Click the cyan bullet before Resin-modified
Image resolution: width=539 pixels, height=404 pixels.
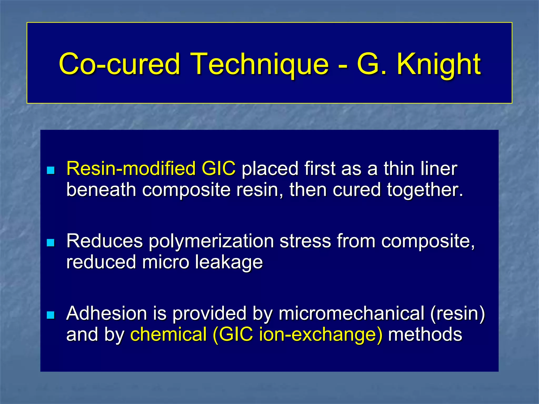51,170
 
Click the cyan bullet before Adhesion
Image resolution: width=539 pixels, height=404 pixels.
51,315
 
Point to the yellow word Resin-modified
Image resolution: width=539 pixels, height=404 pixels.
131,168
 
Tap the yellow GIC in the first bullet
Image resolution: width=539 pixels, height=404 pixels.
218,168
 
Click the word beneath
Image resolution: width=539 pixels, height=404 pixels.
101,190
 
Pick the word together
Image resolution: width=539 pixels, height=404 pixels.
425,190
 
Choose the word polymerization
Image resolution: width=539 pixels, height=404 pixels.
211,241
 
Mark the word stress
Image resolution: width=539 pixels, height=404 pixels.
305,241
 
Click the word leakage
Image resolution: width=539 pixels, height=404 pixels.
229,262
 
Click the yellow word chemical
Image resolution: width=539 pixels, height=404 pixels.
168,334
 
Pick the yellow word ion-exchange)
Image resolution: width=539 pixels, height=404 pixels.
321,335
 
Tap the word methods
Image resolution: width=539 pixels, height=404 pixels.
425,334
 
